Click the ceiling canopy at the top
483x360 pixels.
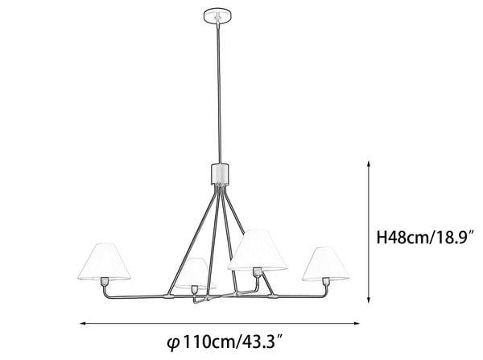pos(218,16)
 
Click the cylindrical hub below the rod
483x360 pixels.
pos(221,174)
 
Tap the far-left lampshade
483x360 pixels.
pos(104,262)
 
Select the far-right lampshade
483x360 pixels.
pos(327,264)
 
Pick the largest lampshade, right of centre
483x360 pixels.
pos(258,250)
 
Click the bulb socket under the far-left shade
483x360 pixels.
pos(105,281)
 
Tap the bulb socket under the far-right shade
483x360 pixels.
pos(326,281)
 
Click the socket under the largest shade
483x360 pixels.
pos(257,272)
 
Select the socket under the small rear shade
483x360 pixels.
pos(195,290)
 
